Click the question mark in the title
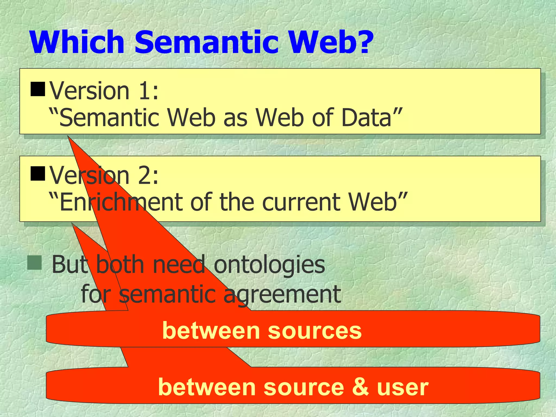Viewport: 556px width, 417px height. pyautogui.click(x=361, y=43)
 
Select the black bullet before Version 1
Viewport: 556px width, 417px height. pyautogui.click(x=38, y=89)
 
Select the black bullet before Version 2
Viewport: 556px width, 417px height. pyautogui.click(x=38, y=174)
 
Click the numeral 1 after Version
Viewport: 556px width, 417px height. pyautogui.click(x=145, y=91)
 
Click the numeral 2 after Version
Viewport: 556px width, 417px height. pyautogui.click(x=145, y=176)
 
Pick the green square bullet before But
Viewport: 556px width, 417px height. pyautogui.click(x=34, y=263)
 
